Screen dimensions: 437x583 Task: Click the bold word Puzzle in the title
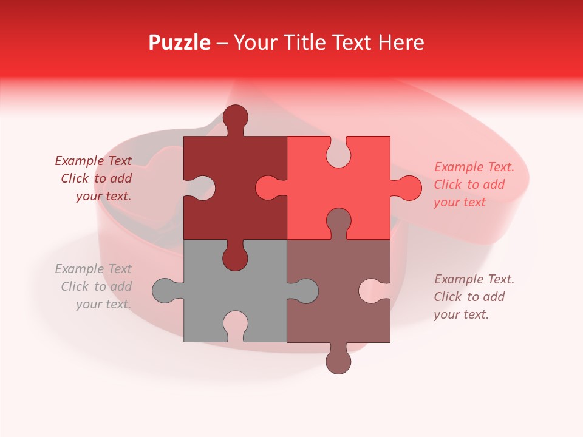click(x=179, y=42)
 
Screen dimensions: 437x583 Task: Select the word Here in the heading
click(x=400, y=42)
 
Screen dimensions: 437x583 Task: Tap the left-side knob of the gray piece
click(x=165, y=291)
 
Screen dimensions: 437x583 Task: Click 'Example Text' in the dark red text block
click(x=93, y=161)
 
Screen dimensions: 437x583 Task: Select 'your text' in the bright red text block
click(x=460, y=202)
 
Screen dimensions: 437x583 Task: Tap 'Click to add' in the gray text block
click(x=96, y=286)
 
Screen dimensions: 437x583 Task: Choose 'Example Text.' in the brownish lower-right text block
click(x=474, y=279)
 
